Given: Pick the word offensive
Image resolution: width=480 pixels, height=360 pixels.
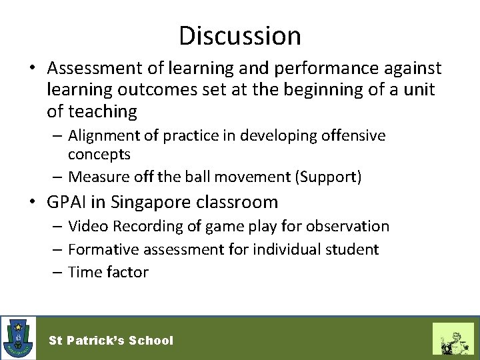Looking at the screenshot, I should click(x=353, y=136).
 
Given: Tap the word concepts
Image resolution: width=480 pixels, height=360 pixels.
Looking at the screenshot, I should click(x=99, y=154).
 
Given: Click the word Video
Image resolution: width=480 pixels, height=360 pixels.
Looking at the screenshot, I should click(x=88, y=227).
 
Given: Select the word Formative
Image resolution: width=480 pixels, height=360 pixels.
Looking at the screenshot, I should click(x=100, y=249).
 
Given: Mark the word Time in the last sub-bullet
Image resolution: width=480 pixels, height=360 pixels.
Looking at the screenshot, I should click(x=83, y=272).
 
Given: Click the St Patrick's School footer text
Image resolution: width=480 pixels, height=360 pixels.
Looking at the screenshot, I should click(x=111, y=341).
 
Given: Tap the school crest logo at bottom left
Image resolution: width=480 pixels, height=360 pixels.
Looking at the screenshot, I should click(x=17, y=338).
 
